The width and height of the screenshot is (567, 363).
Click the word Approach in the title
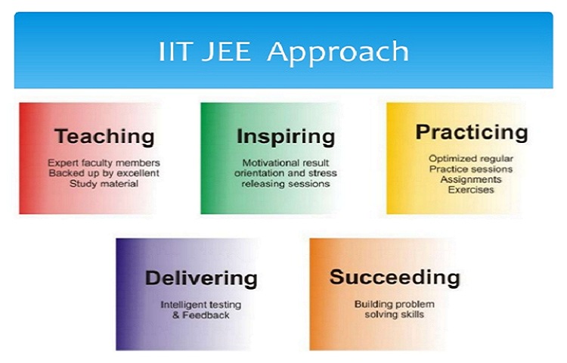338,54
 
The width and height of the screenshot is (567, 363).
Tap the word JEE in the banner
226,51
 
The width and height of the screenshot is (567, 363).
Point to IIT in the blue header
174,51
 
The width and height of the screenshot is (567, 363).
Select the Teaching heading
104,136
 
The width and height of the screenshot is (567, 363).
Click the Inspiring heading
286,137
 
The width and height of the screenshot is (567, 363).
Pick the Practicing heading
472,132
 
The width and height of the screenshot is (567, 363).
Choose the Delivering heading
201,278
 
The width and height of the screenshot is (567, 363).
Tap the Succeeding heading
395,278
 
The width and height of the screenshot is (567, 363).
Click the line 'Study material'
104,184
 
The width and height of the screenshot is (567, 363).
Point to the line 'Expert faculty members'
104,163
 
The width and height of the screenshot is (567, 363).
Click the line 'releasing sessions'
286,184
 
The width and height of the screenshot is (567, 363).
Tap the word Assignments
471,179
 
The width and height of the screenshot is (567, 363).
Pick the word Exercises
471,190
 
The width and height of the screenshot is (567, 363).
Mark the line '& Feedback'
200,315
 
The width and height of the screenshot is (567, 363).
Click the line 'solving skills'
394,315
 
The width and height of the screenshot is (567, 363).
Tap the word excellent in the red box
138,173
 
